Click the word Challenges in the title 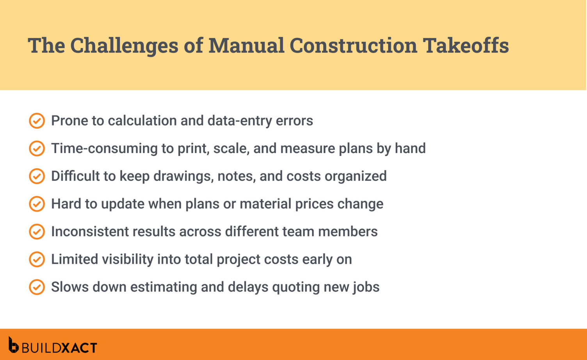124,45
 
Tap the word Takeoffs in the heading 466,45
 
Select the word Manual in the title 246,45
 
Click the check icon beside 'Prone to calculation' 37,121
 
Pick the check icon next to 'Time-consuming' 37,148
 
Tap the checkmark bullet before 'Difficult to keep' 37,176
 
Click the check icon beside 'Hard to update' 37,204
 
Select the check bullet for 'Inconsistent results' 37,232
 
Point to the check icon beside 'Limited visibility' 37,259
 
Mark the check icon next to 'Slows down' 37,287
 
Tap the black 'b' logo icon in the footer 13,345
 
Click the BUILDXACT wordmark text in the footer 59,348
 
